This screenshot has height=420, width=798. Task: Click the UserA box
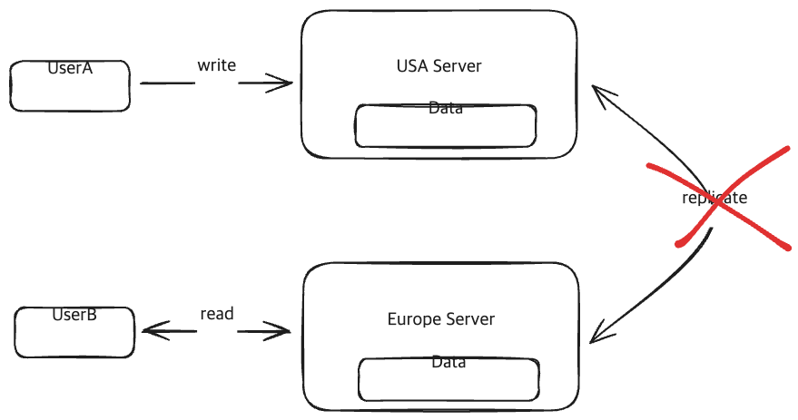(70, 86)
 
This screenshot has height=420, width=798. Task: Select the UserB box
(74, 332)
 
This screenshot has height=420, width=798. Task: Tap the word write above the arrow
(217, 65)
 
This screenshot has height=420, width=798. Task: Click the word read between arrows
(217, 314)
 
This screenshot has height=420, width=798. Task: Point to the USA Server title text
(438, 65)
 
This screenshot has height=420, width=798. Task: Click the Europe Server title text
(440, 318)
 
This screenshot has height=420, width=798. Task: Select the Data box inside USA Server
(446, 126)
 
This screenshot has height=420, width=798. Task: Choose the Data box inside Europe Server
(448, 379)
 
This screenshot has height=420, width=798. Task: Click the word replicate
(714, 197)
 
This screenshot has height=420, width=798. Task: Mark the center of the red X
(717, 202)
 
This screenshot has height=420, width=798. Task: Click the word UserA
(70, 68)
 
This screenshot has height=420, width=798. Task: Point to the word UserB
(74, 315)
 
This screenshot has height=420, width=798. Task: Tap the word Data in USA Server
(446, 108)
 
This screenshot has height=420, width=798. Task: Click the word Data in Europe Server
(448, 362)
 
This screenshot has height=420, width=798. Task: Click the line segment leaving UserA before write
(167, 83)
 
